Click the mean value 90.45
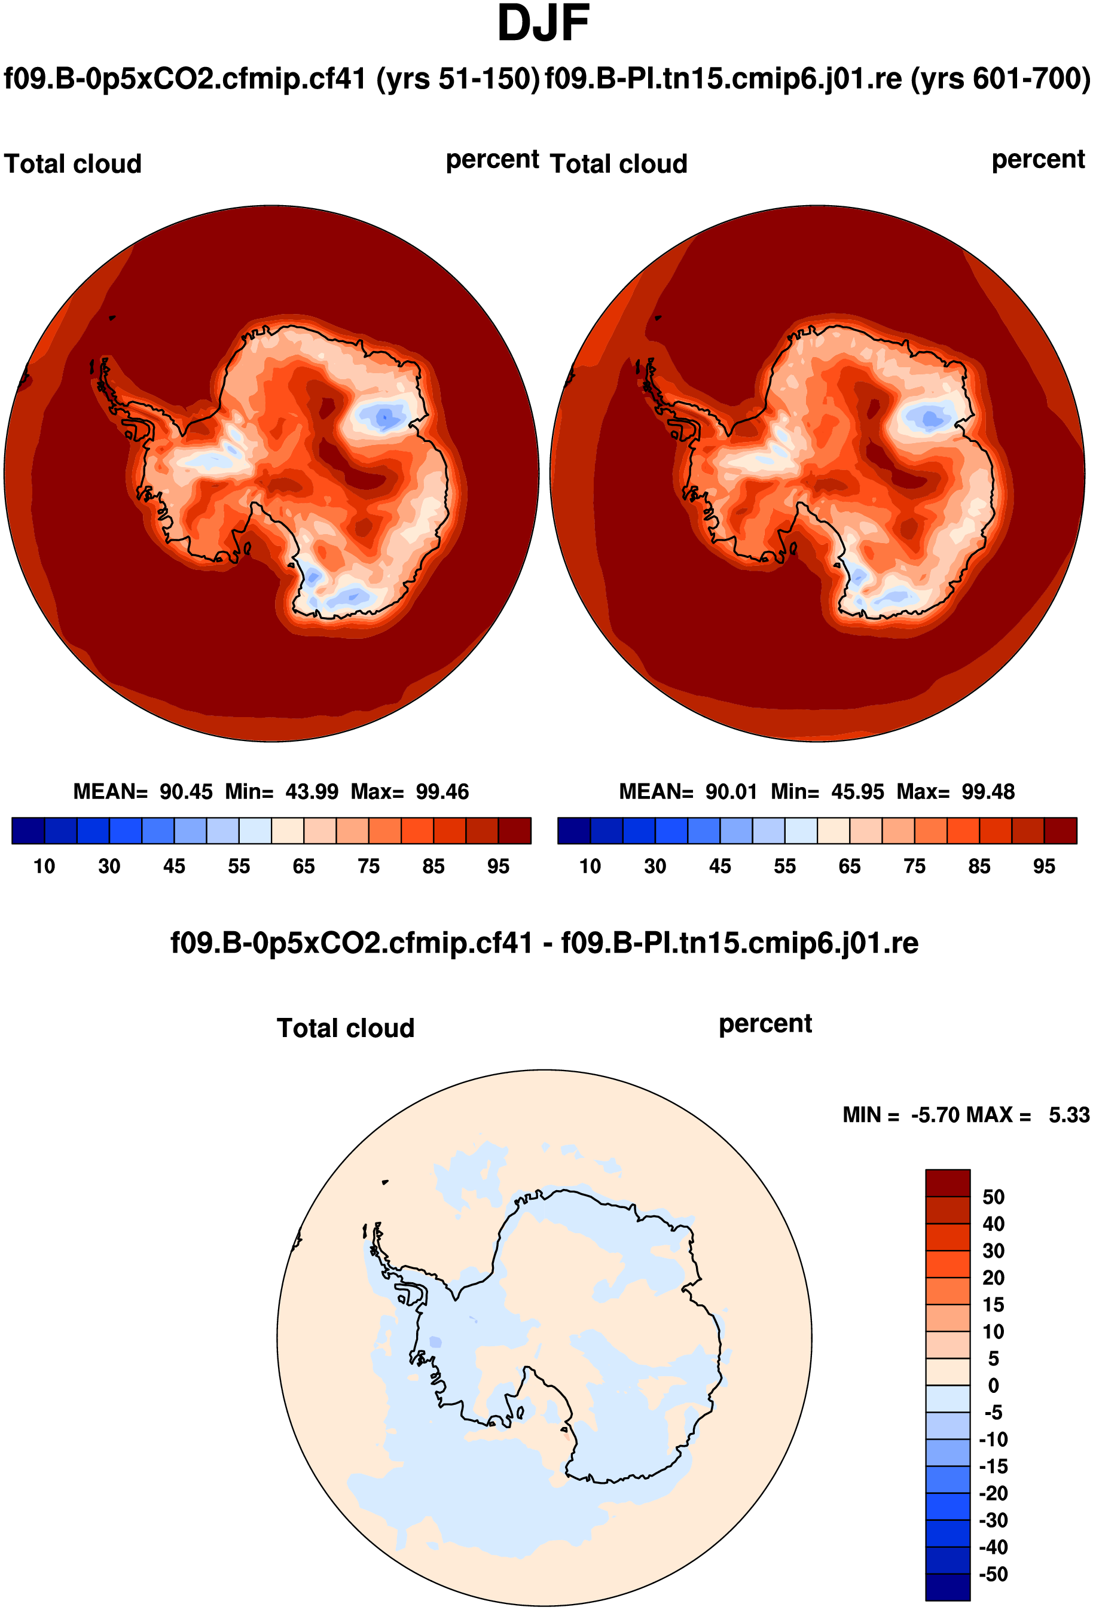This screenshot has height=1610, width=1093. point(185,791)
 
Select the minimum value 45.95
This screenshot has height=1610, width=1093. point(857,791)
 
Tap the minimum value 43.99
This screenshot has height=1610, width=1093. point(312,791)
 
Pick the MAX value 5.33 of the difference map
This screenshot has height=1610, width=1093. point(1068,1115)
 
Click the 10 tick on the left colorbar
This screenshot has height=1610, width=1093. point(44,866)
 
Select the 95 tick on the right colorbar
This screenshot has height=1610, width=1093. point(1044,866)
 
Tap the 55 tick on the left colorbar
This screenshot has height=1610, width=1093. point(239,866)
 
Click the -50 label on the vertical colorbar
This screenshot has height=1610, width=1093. point(993,1574)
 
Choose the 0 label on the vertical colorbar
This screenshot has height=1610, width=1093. point(993,1386)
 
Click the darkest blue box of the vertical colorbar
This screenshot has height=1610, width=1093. point(948,1587)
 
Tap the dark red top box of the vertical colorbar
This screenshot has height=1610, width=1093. point(948,1183)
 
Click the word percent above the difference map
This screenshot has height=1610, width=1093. point(765,1023)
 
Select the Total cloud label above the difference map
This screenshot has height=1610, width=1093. point(346,1028)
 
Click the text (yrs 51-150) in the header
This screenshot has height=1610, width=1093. point(458,78)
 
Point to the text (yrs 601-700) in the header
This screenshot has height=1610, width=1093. point(1000,78)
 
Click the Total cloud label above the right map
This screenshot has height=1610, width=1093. point(618,164)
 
